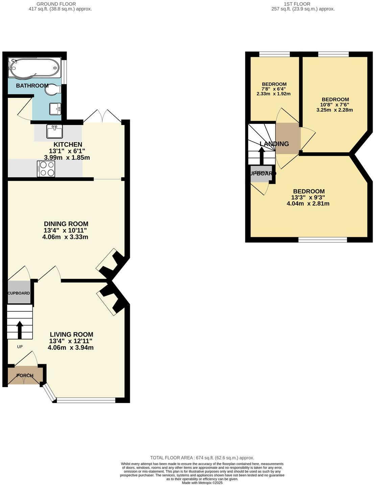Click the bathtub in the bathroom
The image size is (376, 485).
34,68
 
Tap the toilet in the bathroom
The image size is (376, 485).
54,90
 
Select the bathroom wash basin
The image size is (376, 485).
55,108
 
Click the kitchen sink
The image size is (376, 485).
54,131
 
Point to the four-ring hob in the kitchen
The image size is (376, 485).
46,169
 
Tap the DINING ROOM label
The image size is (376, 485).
66,224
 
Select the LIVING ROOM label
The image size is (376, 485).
71,335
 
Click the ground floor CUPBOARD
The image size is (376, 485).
19,293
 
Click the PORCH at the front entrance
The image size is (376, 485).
25,375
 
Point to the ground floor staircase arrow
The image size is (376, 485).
19,330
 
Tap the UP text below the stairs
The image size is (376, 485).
20,347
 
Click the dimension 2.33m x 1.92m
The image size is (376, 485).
274,94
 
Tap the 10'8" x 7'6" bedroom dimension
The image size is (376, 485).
335,105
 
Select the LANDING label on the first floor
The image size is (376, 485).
274,144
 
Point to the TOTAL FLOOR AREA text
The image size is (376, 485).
202,458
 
